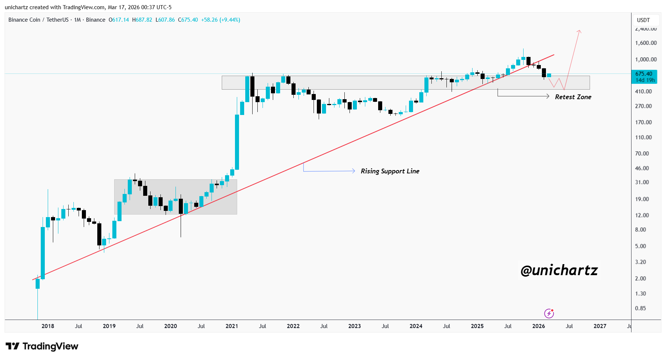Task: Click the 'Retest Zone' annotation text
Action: pos(573,97)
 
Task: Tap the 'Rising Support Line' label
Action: pos(390,171)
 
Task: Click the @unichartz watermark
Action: pos(559,270)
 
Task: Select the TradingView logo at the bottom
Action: pos(42,346)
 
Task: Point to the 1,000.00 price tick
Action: pos(646,60)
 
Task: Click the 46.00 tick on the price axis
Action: pos(642,168)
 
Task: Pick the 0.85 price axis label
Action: pos(640,308)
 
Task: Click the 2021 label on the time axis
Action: pos(232,326)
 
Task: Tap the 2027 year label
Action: pos(600,326)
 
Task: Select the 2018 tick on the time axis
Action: pos(48,326)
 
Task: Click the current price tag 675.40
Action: pos(644,74)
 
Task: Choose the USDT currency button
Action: pos(643,20)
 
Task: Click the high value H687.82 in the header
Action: pos(142,20)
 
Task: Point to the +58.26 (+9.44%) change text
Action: pos(220,20)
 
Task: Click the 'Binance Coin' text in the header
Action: pos(24,20)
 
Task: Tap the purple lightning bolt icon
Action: pos(549,313)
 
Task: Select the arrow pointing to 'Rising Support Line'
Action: pos(354,171)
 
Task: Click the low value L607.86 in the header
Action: pos(165,20)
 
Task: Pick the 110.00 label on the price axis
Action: pos(643,137)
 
